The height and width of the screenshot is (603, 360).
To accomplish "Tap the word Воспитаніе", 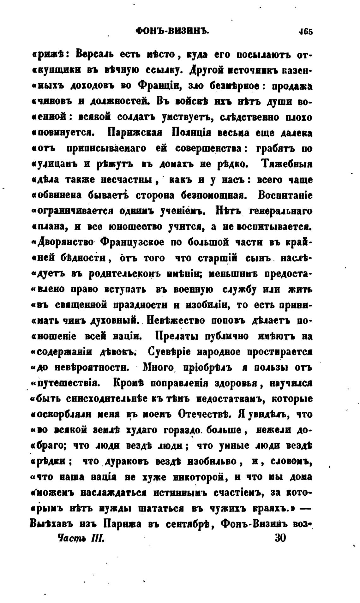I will click(x=285, y=196).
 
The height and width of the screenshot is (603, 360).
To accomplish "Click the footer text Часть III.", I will click(x=79, y=538).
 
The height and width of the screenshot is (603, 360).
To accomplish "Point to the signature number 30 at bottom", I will click(x=281, y=537).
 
